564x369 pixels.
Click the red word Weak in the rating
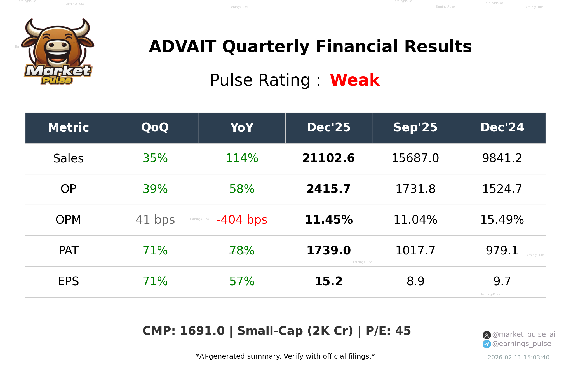pyautogui.click(x=355, y=80)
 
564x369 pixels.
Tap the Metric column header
pyautogui.click(x=69, y=128)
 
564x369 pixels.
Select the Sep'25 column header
pyautogui.click(x=415, y=128)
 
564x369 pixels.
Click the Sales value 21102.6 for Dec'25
pyautogui.click(x=328, y=158)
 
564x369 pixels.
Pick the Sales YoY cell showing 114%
pyautogui.click(x=242, y=158)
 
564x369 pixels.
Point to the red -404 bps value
pyautogui.click(x=242, y=220)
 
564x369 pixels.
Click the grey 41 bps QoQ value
pyautogui.click(x=155, y=220)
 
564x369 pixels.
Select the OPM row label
pyautogui.click(x=69, y=220)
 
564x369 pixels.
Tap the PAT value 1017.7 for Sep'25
pyautogui.click(x=415, y=251)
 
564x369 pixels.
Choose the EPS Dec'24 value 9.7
pyautogui.click(x=502, y=281)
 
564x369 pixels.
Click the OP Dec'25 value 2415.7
pyautogui.click(x=328, y=189)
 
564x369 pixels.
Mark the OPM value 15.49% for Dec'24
pyautogui.click(x=502, y=220)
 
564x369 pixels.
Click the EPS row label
pyautogui.click(x=69, y=281)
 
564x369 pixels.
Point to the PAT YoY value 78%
pyautogui.click(x=242, y=251)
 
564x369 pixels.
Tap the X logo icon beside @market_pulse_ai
pyautogui.click(x=487, y=335)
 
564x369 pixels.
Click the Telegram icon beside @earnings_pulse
pyautogui.click(x=487, y=344)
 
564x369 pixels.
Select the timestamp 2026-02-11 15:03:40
pyautogui.click(x=518, y=358)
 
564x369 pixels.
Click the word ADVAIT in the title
pyautogui.click(x=182, y=46)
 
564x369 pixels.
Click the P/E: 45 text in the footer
pyautogui.click(x=388, y=331)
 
